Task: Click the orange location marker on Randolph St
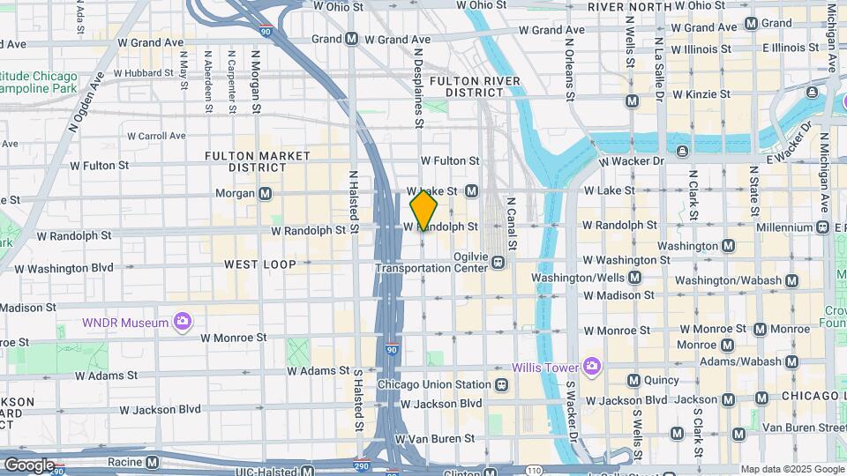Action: (x=424, y=210)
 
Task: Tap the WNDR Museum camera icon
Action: (x=183, y=322)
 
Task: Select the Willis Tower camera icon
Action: (x=591, y=366)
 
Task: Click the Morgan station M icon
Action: (x=266, y=193)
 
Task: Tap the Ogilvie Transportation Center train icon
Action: (x=498, y=262)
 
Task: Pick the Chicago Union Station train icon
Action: (x=501, y=384)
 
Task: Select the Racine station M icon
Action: (x=152, y=461)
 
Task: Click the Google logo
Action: (x=29, y=465)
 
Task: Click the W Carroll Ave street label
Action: (x=156, y=136)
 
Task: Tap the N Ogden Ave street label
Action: (x=86, y=102)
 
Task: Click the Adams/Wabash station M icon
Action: (x=791, y=361)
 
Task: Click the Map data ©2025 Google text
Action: (x=791, y=469)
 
